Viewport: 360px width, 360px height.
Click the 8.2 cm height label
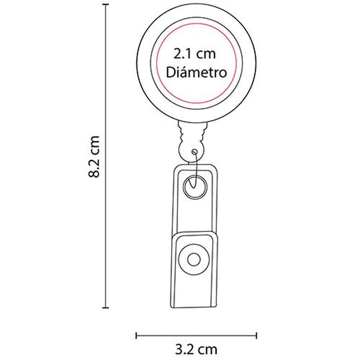[x=94, y=157]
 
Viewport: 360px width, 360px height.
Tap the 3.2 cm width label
[x=196, y=350]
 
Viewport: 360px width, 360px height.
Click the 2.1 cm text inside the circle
[x=194, y=54]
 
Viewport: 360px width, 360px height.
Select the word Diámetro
[x=196, y=72]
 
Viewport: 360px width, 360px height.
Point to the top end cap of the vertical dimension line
[x=105, y=4]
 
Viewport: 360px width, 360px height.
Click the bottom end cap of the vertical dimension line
[x=105, y=308]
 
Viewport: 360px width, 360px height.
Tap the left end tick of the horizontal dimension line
[x=136, y=335]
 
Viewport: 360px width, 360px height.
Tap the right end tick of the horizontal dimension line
[x=256, y=335]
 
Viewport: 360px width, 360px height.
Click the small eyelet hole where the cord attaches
[x=195, y=152]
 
